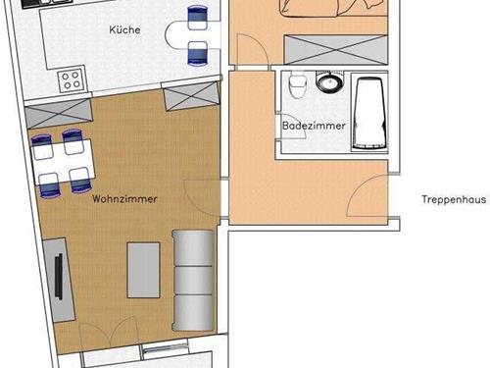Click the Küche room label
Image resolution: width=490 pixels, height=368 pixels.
pos(124,29)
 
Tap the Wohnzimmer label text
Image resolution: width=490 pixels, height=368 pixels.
pos(124,199)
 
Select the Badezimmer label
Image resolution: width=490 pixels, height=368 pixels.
pos(314,126)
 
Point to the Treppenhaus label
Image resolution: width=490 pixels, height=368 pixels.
pos(454,199)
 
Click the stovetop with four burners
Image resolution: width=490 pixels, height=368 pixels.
pos(72,79)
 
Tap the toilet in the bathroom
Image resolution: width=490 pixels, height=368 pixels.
pos(297,84)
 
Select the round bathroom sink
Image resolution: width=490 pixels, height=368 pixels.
pos(329,81)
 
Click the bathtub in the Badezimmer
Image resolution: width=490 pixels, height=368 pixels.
pos(369,114)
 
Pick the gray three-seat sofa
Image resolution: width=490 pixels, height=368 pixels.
pos(193,281)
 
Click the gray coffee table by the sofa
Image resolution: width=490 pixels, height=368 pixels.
pos(143,270)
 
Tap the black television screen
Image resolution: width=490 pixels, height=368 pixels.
pos(59,277)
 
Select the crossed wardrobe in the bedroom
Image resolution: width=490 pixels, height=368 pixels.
pos(336,50)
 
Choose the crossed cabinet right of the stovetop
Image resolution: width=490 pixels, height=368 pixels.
pos(192,96)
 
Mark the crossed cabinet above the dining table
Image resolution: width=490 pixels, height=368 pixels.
pos(58,114)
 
